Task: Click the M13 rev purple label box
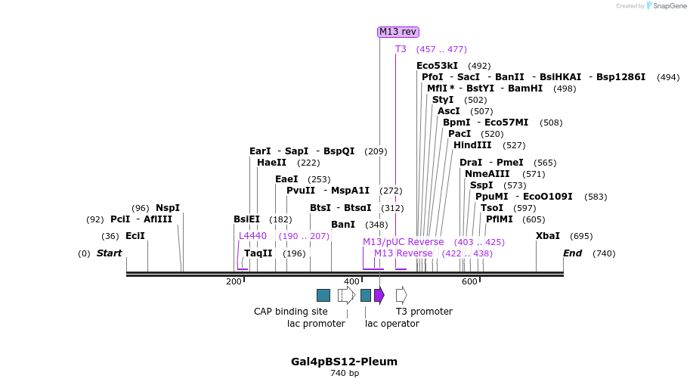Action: pyautogui.click(x=398, y=32)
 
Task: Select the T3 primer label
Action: pyautogui.click(x=401, y=49)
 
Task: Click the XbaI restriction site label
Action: pyautogui.click(x=548, y=236)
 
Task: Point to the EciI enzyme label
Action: pyautogui.click(x=135, y=236)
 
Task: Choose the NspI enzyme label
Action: pyautogui.click(x=168, y=208)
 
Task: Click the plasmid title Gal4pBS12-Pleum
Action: pyautogui.click(x=344, y=362)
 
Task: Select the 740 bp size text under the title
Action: pyautogui.click(x=345, y=374)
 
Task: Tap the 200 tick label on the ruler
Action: pyautogui.click(x=234, y=281)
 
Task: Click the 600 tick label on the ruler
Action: pyautogui.click(x=469, y=281)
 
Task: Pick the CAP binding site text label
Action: pyautogui.click(x=291, y=312)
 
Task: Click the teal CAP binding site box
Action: pyautogui.click(x=323, y=295)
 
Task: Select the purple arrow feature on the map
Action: pyautogui.click(x=379, y=295)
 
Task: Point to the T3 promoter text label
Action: pyautogui.click(x=424, y=312)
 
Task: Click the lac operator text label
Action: pyautogui.click(x=392, y=324)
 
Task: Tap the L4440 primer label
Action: pyautogui.click(x=252, y=236)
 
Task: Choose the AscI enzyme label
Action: pyautogui.click(x=448, y=111)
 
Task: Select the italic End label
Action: pyautogui.click(x=572, y=253)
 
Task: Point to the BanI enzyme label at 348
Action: pyautogui.click(x=343, y=225)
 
